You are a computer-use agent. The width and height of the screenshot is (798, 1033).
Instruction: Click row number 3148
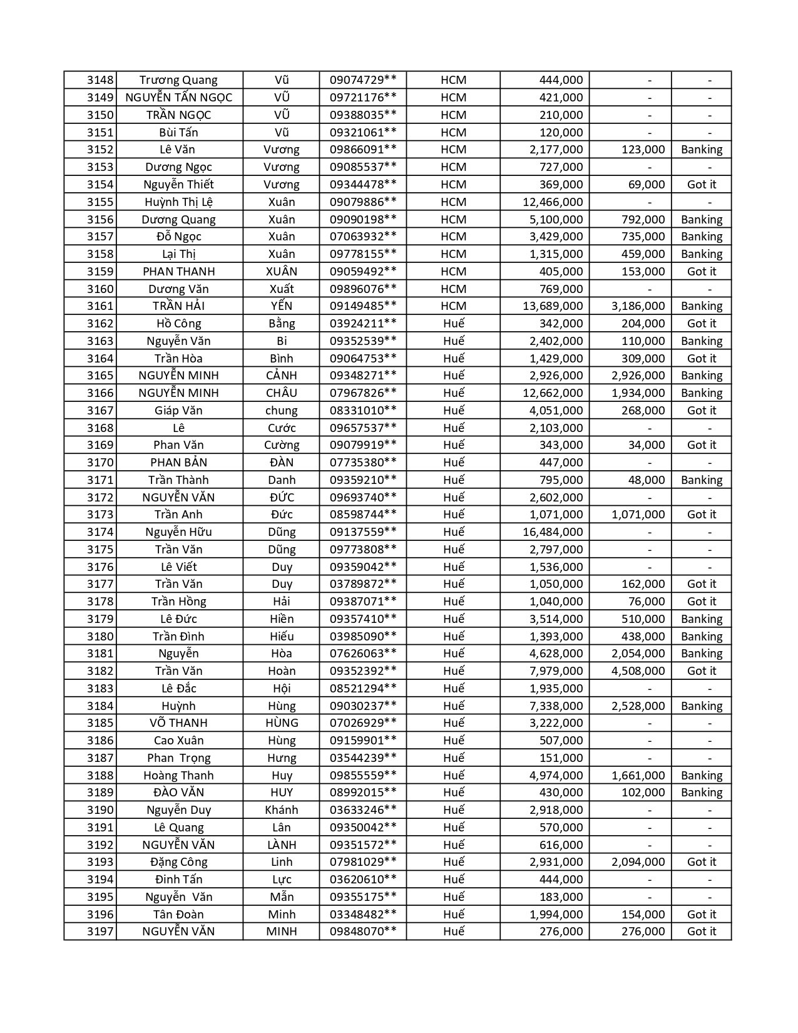(x=100, y=80)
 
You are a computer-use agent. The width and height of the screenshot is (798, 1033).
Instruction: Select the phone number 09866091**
(x=363, y=150)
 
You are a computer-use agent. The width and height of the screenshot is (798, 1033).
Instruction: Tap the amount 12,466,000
(x=553, y=202)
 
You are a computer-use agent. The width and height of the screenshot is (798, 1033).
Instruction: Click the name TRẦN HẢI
(x=178, y=306)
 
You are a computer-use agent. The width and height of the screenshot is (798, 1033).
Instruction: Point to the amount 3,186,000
(x=638, y=306)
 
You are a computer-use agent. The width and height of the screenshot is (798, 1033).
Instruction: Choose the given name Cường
(x=282, y=445)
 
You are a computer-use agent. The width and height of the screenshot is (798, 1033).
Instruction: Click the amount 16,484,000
(x=553, y=532)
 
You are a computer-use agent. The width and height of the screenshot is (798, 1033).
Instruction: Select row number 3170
(x=100, y=463)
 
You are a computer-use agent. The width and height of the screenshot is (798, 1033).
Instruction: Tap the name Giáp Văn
(x=178, y=411)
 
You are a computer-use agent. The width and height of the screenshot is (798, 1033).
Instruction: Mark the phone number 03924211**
(x=363, y=324)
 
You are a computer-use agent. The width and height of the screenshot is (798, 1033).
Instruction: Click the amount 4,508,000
(x=638, y=671)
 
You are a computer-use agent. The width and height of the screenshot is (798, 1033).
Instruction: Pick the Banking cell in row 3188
(x=702, y=776)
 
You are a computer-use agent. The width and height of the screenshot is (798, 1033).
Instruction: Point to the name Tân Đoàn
(x=178, y=915)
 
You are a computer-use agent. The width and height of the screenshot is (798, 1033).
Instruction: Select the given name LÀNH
(x=282, y=845)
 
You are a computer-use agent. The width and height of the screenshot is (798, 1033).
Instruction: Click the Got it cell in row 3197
(x=702, y=932)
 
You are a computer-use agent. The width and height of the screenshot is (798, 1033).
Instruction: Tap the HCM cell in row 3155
(x=453, y=202)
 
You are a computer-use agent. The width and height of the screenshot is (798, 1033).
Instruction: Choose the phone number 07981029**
(x=363, y=862)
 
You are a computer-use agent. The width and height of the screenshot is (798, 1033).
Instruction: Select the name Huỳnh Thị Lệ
(x=178, y=202)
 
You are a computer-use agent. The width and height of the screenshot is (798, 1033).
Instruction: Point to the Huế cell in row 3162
(x=453, y=324)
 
